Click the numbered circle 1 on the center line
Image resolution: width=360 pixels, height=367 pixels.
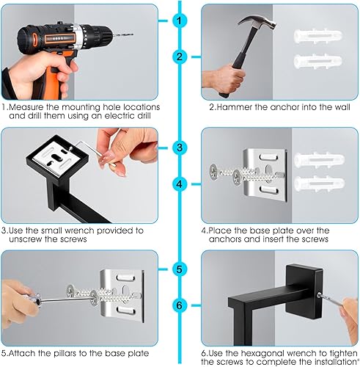coord(180,20)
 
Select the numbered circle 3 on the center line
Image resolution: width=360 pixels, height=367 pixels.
coord(180,148)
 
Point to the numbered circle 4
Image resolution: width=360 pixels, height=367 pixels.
coord(180,183)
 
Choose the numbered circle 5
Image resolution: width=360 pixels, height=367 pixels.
coord(180,269)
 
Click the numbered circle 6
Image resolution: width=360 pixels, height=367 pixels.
coord(180,304)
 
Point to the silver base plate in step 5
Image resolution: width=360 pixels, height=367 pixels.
coord(117,294)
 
